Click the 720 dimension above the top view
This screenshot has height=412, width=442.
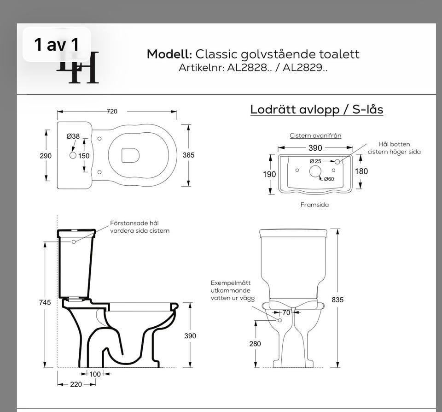pyautogui.click(x=112, y=112)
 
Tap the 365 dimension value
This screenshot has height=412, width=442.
pyautogui.click(x=188, y=155)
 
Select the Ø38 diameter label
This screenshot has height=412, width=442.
pyautogui.click(x=73, y=136)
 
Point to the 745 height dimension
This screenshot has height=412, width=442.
pyautogui.click(x=45, y=302)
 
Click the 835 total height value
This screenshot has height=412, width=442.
pyautogui.click(x=337, y=300)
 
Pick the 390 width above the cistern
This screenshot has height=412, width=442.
pyautogui.click(x=315, y=148)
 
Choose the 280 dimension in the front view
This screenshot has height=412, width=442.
pyautogui.click(x=255, y=344)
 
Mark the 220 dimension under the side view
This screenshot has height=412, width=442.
pyautogui.click(x=76, y=384)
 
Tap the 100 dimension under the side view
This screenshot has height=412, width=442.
pyautogui.click(x=94, y=374)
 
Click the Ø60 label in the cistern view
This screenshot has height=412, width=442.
pyautogui.click(x=328, y=179)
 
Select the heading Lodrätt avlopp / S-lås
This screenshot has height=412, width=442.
pyautogui.click(x=316, y=110)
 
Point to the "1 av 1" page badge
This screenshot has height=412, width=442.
pyautogui.click(x=57, y=45)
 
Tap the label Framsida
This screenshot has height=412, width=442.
pyautogui.click(x=314, y=205)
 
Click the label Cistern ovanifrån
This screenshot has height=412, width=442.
pyautogui.click(x=315, y=135)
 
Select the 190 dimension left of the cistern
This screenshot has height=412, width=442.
pyautogui.click(x=269, y=174)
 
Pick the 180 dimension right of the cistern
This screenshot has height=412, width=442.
pyautogui.click(x=361, y=171)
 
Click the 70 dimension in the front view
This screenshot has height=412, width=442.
pyautogui.click(x=286, y=312)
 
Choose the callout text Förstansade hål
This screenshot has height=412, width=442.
pyautogui.click(x=134, y=223)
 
